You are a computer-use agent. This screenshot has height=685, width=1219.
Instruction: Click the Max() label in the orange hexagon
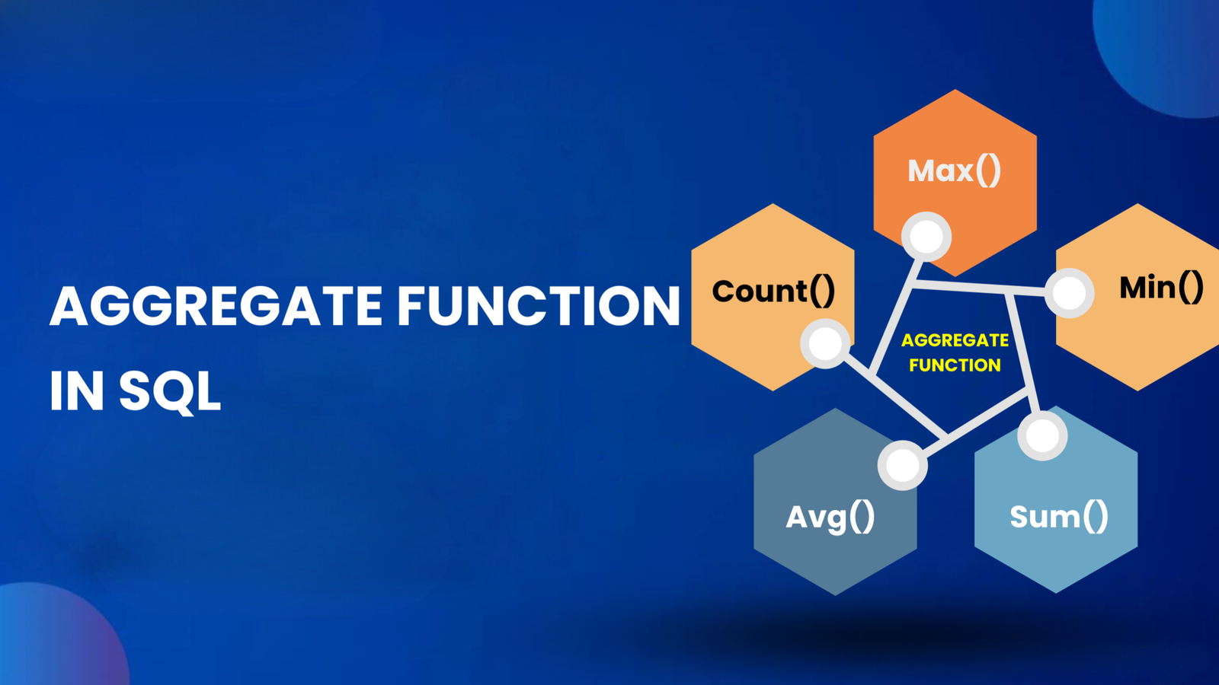pyautogui.click(x=954, y=170)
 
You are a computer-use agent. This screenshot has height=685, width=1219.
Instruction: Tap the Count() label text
pyautogui.click(x=773, y=291)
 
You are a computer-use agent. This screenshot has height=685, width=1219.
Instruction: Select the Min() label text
pyautogui.click(x=1161, y=288)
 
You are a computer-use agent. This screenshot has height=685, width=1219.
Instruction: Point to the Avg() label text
pyautogui.click(x=830, y=518)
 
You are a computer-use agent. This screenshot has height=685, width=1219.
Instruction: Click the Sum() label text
pyautogui.click(x=1058, y=517)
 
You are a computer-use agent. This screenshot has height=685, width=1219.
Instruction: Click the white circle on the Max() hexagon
pyautogui.click(x=926, y=236)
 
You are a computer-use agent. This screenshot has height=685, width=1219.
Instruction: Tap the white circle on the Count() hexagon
pyautogui.click(x=825, y=343)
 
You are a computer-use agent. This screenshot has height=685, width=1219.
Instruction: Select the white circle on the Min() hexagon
pyautogui.click(x=1069, y=293)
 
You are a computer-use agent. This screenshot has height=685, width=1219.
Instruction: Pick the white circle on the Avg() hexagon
pyautogui.click(x=902, y=465)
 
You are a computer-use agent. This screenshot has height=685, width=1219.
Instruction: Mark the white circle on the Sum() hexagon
pyautogui.click(x=1042, y=435)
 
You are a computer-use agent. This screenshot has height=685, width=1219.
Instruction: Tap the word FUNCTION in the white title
pyautogui.click(x=538, y=307)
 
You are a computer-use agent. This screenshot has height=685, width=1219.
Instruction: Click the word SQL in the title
pyautogui.click(x=169, y=391)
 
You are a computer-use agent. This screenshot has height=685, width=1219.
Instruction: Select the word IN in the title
pyautogui.click(x=76, y=391)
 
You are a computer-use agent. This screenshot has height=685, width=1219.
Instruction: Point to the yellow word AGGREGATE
pyautogui.click(x=955, y=340)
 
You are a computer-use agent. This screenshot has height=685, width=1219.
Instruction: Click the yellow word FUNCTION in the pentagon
pyautogui.click(x=955, y=365)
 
